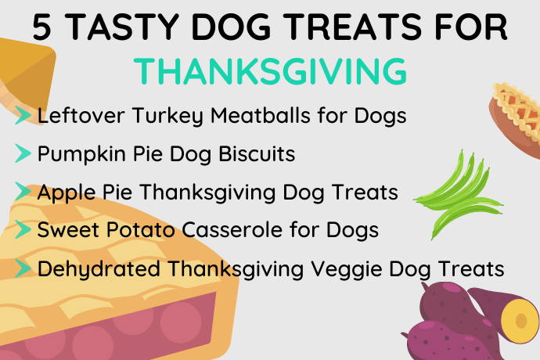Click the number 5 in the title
[42, 27]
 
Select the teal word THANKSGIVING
[270, 71]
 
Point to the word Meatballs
[261, 115]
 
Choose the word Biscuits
[257, 153]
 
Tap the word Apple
[67, 193]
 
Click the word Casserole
[232, 229]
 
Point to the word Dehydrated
[99, 268]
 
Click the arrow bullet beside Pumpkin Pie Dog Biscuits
[23, 153]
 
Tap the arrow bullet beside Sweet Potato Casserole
[23, 229]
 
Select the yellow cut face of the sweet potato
[520, 320]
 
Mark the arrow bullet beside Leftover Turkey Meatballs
[23, 115]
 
